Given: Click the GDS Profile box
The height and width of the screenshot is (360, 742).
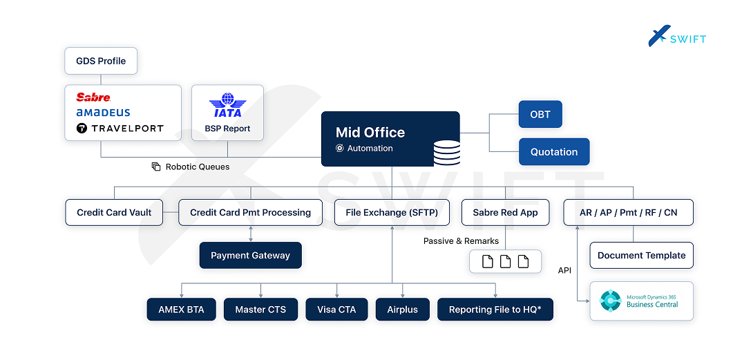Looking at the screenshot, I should click(101, 61).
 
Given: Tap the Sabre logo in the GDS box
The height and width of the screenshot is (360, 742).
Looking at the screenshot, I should click(93, 97).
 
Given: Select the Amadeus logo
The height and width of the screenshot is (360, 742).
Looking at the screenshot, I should click(103, 113).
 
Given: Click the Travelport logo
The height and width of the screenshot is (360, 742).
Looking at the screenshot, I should click(120, 128).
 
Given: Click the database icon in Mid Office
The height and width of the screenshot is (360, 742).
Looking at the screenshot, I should click(446, 153).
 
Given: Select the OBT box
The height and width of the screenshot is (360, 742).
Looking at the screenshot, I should click(540, 114).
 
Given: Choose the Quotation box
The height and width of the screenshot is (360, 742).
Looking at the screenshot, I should click(553, 152).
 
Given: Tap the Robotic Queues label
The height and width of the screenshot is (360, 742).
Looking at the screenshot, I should click(197, 167).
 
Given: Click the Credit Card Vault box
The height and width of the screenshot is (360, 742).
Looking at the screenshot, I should click(114, 213).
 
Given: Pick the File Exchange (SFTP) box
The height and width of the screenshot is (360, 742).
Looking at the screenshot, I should click(391, 213).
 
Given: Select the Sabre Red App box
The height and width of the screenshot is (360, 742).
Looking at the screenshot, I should click(505, 213).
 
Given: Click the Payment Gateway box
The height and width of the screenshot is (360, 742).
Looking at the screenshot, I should click(250, 255).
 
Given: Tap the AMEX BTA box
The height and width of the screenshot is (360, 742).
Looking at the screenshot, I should click(181, 310).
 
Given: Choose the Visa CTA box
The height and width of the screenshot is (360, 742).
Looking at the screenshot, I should click(336, 310).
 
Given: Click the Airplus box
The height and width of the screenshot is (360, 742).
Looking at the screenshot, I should click(402, 310).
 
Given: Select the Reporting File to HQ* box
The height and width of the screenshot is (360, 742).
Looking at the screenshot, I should click(495, 310).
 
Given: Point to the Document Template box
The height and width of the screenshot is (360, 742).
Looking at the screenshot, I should click(641, 255).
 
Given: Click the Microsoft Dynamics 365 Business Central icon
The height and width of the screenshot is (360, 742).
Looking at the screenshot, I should click(611, 301).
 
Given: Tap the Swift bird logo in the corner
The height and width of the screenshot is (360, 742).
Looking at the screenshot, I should click(659, 36).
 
